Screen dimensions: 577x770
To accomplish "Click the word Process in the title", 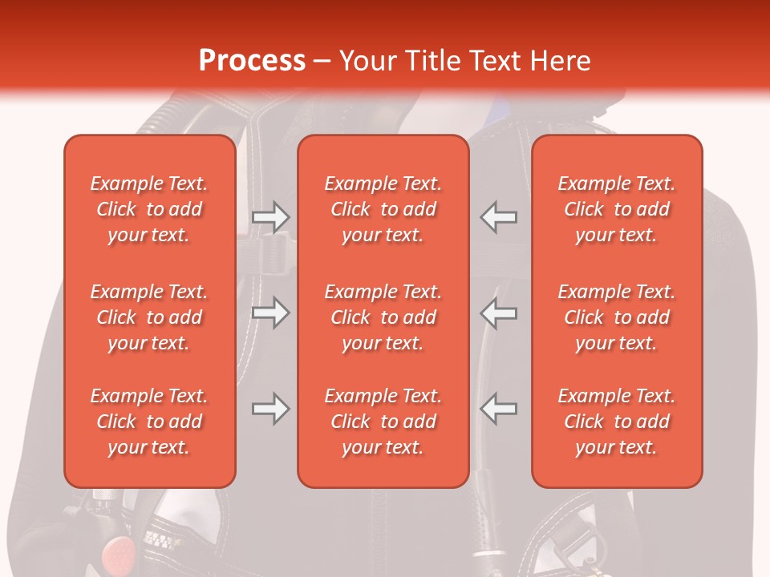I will pyautogui.click(x=252, y=61).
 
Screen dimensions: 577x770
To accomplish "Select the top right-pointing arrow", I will pyautogui.click(x=270, y=217).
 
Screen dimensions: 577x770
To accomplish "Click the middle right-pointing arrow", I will pyautogui.click(x=270, y=313).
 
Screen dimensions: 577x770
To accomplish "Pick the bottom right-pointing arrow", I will pyautogui.click(x=270, y=409).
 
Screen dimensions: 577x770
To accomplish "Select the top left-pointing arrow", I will pyautogui.click(x=499, y=217).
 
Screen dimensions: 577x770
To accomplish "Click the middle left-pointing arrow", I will pyautogui.click(x=499, y=313).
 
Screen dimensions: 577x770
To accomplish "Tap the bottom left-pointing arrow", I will pyautogui.click(x=499, y=409).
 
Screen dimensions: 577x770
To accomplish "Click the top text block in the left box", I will pyautogui.click(x=149, y=209).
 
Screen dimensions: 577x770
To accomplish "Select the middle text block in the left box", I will pyautogui.click(x=149, y=317).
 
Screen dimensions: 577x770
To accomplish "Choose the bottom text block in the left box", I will pyautogui.click(x=149, y=422).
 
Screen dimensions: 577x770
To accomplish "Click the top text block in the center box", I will pyautogui.click(x=383, y=209).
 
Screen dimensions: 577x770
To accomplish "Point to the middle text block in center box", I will pyautogui.click(x=383, y=317).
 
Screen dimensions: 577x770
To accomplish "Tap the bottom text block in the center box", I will pyautogui.click(x=383, y=422).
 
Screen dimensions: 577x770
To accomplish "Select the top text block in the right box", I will pyautogui.click(x=616, y=209).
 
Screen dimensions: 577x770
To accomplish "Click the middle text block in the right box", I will pyautogui.click(x=616, y=317).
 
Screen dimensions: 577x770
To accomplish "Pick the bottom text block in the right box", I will pyautogui.click(x=616, y=422).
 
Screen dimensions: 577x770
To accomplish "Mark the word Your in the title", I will pyautogui.click(x=366, y=61).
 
